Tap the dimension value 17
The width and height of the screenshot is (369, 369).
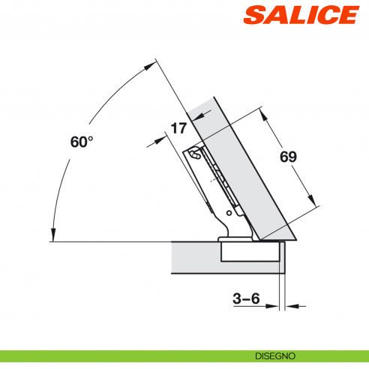[x=178, y=128]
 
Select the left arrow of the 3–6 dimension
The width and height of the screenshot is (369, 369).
[x=274, y=306]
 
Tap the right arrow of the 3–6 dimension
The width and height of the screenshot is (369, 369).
[x=289, y=306]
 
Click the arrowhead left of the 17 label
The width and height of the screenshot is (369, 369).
[x=163, y=136]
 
